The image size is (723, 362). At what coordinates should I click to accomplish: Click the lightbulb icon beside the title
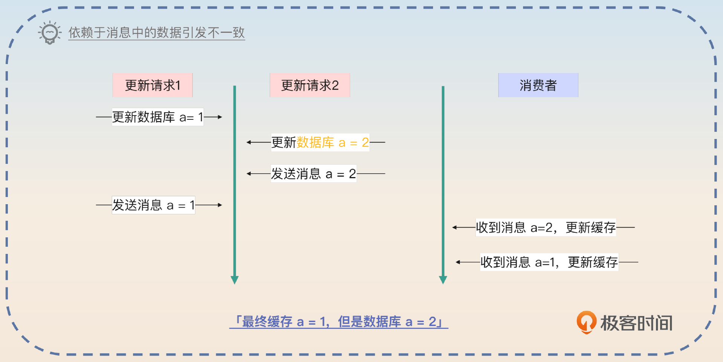50,33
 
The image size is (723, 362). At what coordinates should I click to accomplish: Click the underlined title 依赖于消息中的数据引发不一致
157,33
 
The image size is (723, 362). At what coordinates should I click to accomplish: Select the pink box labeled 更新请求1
153,85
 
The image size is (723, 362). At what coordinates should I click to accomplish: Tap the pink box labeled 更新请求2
310,85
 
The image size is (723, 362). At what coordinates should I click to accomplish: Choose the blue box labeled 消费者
538,85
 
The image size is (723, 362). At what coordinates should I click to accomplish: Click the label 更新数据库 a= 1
157,117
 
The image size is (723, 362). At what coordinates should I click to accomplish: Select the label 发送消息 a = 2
313,174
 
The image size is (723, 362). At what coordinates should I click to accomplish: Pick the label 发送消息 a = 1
153,205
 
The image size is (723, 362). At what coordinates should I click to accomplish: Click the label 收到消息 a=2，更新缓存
546,228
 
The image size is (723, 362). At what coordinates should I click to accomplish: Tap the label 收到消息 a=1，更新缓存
549,262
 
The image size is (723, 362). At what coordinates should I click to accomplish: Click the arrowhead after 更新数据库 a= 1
220,117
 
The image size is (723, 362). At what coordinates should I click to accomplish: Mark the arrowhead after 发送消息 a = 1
220,205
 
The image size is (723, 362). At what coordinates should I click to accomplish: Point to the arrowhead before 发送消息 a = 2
249,174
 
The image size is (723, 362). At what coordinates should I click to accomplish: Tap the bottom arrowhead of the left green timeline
235,280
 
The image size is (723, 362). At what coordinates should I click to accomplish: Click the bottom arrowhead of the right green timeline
443,280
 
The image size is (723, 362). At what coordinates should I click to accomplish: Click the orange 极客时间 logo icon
586,322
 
